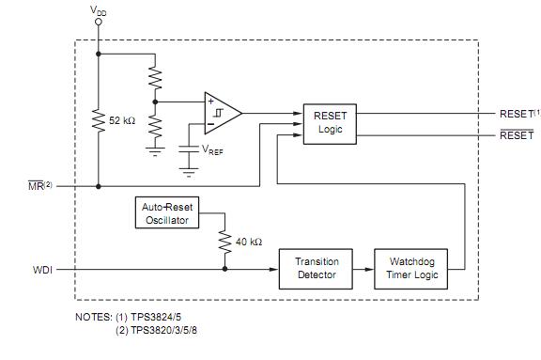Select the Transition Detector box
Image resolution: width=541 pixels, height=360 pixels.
[317, 268]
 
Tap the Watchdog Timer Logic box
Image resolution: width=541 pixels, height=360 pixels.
[410, 268]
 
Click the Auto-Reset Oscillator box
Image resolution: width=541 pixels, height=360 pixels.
[165, 213]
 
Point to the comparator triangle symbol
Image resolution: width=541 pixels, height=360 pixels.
[222, 113]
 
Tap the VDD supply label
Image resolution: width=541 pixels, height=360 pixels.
[98, 10]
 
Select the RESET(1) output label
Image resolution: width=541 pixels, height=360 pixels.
[516, 113]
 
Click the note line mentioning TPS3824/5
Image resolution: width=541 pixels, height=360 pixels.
[161, 317]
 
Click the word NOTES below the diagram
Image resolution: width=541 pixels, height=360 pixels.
[92, 317]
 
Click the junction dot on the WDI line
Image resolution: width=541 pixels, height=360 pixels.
[225, 269]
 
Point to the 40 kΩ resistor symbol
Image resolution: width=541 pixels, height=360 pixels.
[225, 243]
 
